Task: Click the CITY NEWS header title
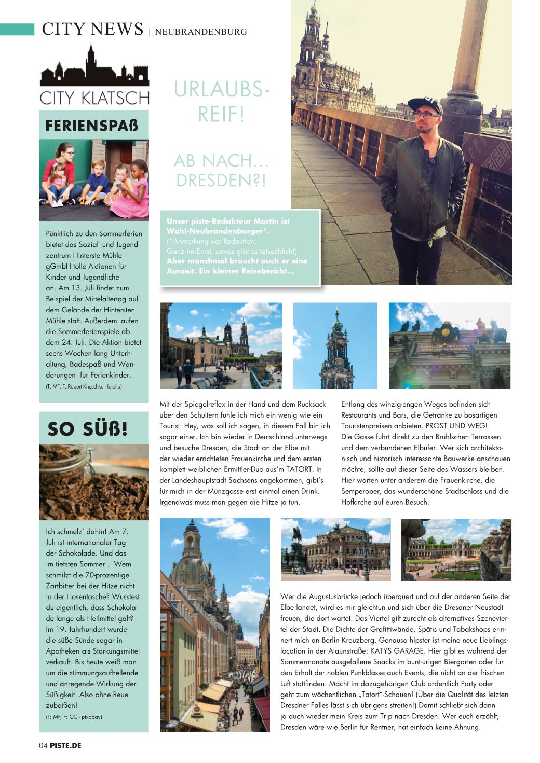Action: coord(92,29)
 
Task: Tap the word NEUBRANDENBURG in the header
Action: coord(201,32)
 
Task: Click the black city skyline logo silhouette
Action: coord(94,68)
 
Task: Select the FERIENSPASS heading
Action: coord(92,126)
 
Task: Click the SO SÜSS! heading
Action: coord(88,429)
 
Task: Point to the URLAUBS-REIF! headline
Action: coord(222,102)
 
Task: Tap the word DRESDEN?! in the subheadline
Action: coord(222,181)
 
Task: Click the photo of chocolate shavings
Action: coord(94,482)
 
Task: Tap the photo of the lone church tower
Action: coord(335,346)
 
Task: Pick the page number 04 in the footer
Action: coord(43,745)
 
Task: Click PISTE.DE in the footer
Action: coord(66,745)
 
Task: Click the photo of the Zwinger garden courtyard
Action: coord(456,549)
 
